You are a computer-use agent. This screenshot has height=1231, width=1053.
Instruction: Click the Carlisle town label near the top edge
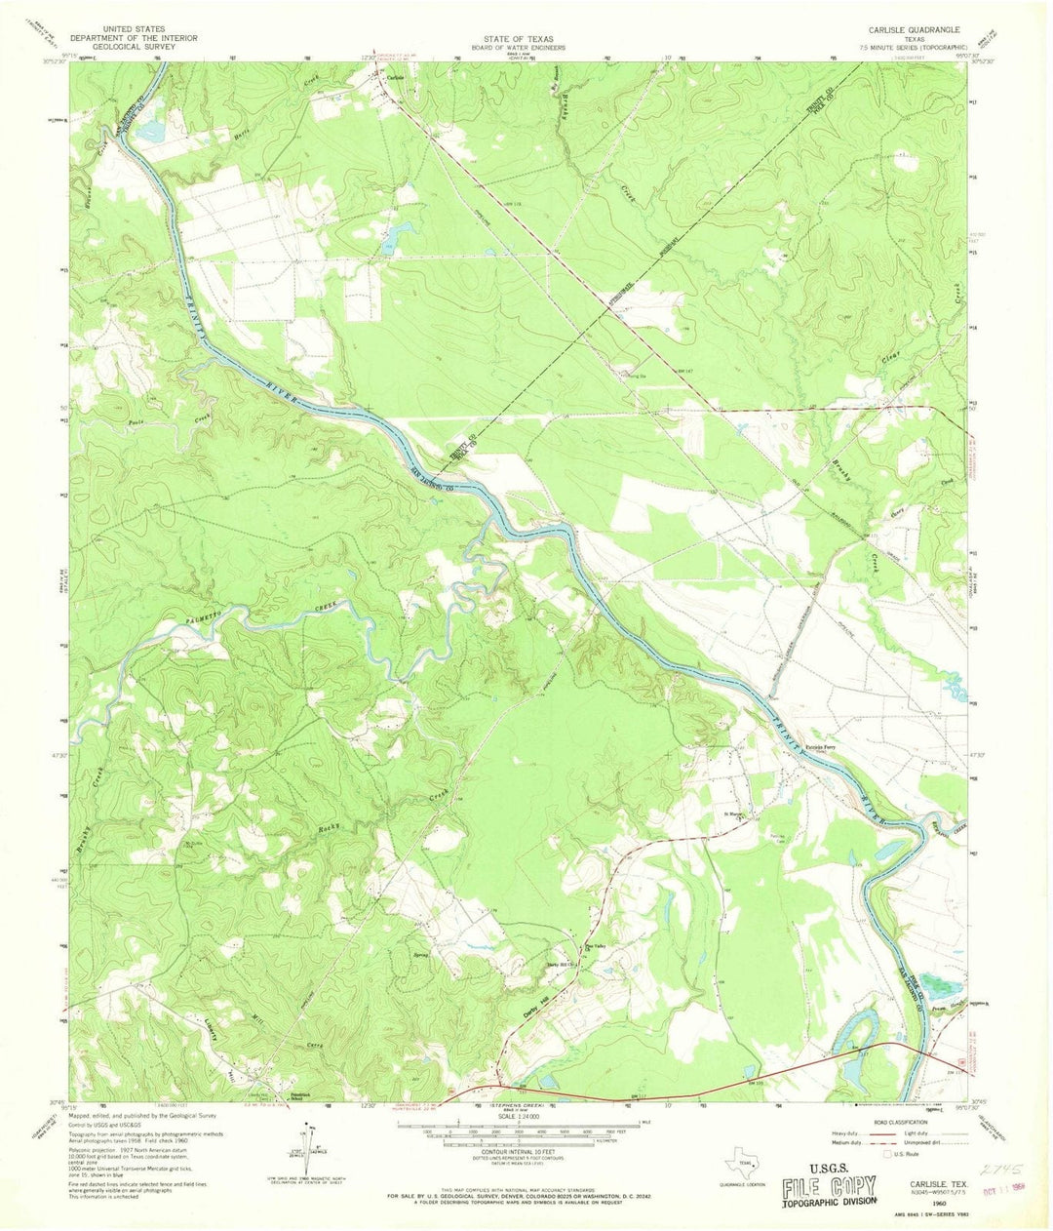coord(395,78)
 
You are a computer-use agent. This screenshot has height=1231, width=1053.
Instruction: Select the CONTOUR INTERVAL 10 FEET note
coord(526,1147)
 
